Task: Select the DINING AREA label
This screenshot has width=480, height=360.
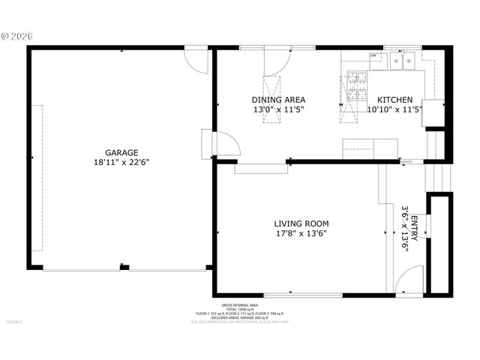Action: coord(277,100)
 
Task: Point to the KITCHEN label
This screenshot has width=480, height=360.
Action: coord(394,100)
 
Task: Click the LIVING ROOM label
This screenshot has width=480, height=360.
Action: coord(301,223)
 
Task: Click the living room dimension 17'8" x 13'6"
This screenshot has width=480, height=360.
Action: coord(301,233)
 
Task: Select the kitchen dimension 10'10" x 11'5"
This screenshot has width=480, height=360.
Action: coord(394,109)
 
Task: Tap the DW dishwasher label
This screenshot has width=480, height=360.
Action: coord(373,55)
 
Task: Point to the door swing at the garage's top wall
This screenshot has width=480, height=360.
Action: coord(196,61)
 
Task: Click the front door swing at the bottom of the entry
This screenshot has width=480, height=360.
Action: coord(406,281)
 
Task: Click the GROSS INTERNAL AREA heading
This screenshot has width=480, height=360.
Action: coord(240,305)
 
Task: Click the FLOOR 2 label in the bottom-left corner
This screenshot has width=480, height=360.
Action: coord(15,322)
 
